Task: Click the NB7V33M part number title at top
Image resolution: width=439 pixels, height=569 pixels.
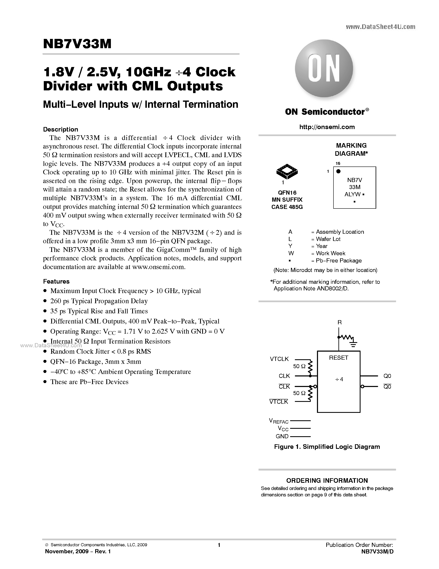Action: click(77, 44)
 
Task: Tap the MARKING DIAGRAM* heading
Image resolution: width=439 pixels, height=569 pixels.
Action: click(351, 150)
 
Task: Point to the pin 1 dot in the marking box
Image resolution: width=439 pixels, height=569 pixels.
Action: click(338, 171)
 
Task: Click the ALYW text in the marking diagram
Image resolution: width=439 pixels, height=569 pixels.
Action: click(352, 194)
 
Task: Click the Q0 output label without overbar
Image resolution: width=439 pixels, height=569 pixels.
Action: click(387, 376)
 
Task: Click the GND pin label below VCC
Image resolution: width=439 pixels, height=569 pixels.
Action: click(282, 436)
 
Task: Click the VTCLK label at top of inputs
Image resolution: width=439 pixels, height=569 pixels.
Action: click(279, 359)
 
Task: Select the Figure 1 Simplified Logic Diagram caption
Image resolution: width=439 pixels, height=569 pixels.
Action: click(327, 447)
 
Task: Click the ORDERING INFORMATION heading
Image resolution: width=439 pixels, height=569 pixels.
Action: click(327, 480)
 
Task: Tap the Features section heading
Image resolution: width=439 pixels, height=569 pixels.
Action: click(56, 281)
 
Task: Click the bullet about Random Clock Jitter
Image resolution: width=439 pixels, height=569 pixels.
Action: click(100, 351)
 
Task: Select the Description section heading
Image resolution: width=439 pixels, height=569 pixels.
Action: click(60, 129)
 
